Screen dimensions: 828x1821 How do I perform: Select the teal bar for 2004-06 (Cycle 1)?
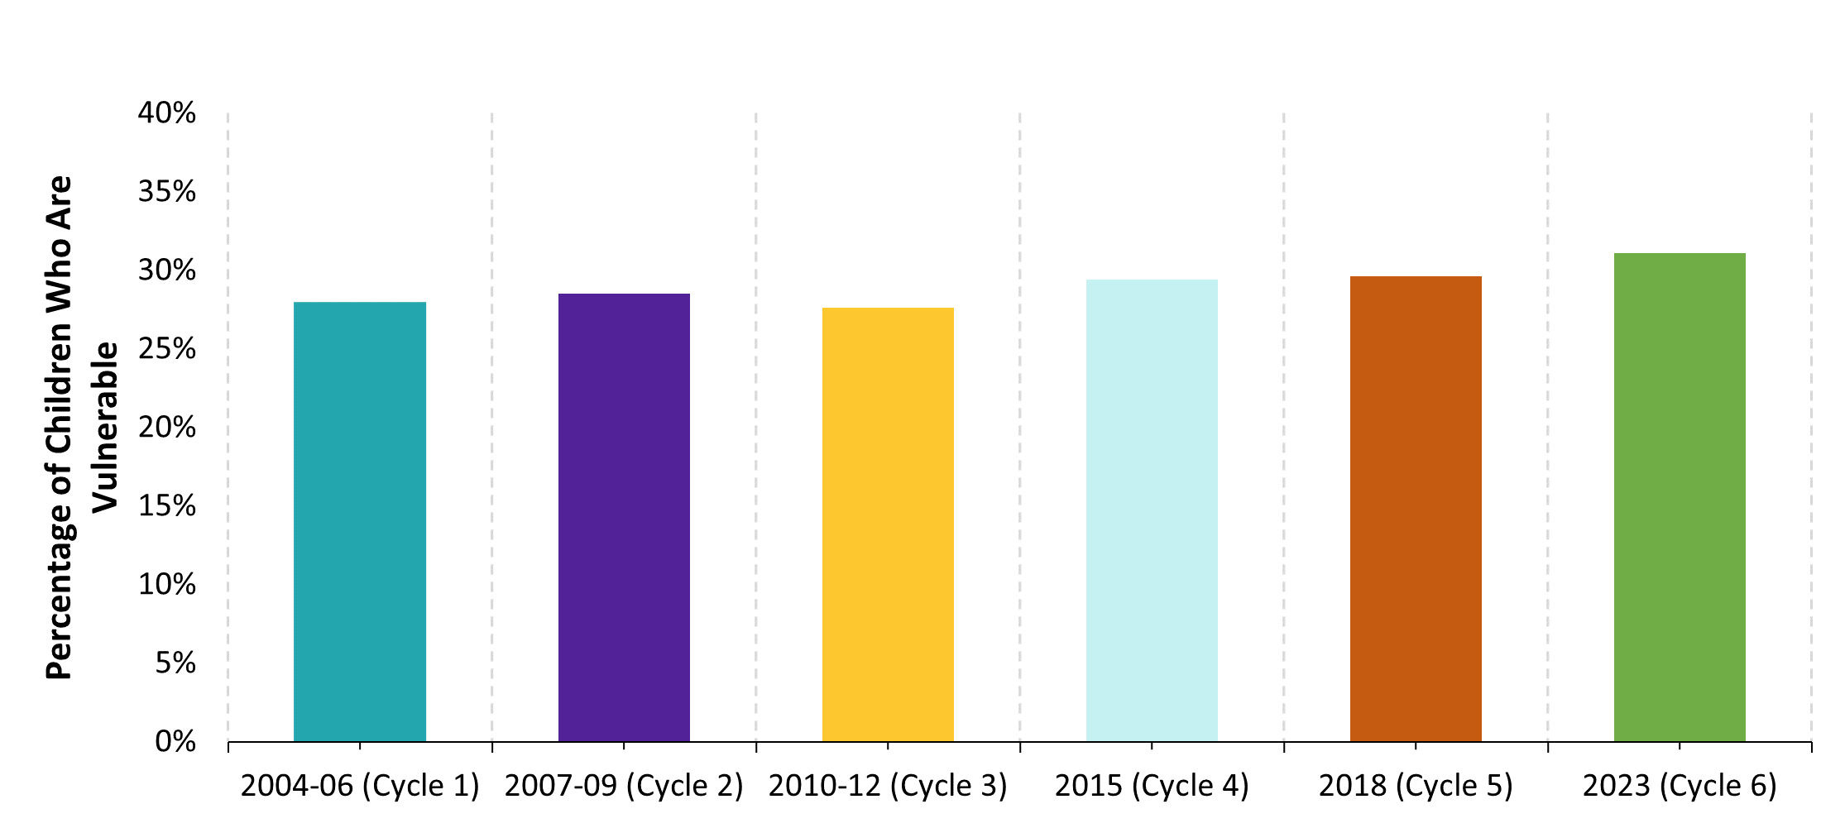(360, 521)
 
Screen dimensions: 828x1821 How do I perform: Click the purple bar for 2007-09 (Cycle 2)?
(624, 517)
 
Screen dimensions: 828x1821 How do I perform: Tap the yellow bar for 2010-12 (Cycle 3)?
(888, 524)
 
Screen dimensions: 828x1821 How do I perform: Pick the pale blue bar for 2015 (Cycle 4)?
(1152, 510)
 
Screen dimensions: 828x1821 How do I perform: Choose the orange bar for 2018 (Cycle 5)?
(1416, 509)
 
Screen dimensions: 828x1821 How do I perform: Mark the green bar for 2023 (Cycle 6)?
(1680, 497)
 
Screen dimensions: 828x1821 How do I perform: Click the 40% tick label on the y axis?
(167, 113)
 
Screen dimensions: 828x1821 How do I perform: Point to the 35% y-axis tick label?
(167, 192)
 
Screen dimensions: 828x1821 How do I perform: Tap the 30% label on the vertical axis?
(167, 270)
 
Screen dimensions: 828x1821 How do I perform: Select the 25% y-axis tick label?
(167, 349)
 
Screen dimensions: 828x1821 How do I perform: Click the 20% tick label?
(167, 428)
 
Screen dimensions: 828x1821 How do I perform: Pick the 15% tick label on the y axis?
(167, 506)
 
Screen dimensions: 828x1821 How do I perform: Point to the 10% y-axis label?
(167, 585)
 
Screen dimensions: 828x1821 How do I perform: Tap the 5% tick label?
(175, 663)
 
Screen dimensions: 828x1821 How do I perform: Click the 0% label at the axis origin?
(175, 742)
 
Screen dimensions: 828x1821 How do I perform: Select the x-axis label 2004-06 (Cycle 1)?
(360, 786)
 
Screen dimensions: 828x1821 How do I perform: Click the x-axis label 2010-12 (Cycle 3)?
(888, 786)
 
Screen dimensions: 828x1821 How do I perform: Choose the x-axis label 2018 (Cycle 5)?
(1416, 786)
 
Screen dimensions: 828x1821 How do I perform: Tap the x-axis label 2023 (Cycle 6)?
(1680, 786)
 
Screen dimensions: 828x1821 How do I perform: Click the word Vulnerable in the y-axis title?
(106, 428)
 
